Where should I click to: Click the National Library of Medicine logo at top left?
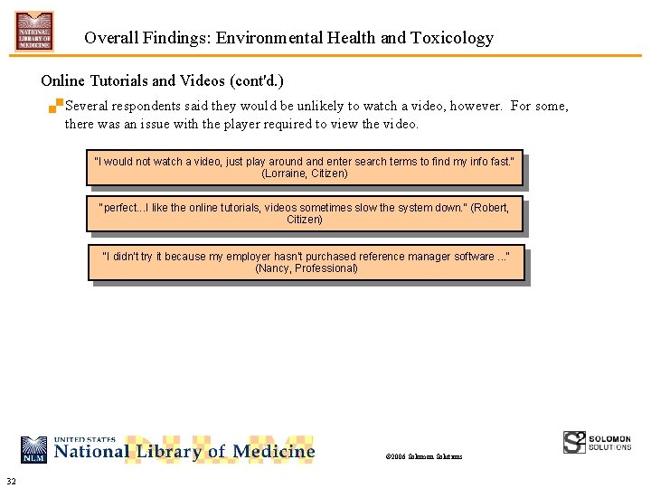coord(33,31)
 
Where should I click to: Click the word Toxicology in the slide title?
coord(452,38)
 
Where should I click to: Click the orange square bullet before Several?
coord(57,104)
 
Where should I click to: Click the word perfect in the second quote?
coord(119,208)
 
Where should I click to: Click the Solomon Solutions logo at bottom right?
coord(597,442)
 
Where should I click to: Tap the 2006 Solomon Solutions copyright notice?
coord(423,456)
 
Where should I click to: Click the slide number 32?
coord(11,479)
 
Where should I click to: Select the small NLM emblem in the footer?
coord(34,449)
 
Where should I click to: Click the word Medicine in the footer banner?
coord(273,451)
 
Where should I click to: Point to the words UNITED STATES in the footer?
coord(85,439)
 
